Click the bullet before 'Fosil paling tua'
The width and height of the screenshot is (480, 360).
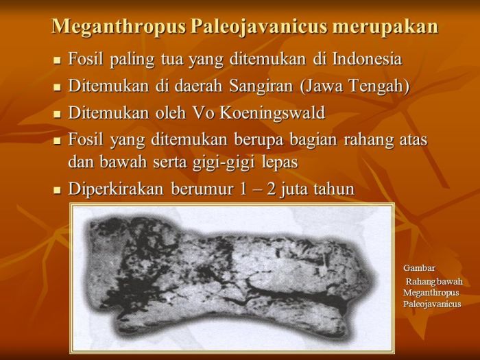coord(58,60)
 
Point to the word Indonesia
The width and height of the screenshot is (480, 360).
coord(365,59)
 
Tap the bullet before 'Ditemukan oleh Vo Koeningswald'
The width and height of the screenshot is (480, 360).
coord(58,114)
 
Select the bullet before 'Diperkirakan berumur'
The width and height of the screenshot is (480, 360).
coord(58,191)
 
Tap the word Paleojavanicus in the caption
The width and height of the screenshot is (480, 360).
coord(432,304)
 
